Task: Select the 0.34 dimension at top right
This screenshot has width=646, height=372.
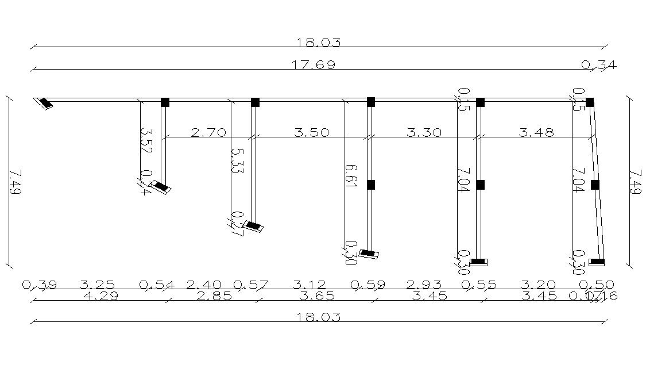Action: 599,65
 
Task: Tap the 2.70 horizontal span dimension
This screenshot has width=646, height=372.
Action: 208,133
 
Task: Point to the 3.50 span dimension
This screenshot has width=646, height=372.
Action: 311,133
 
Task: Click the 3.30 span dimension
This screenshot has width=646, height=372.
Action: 424,133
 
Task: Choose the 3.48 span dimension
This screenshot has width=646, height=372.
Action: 536,133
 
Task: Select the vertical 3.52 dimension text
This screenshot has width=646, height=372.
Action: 145,140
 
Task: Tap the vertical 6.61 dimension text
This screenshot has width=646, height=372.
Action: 351,175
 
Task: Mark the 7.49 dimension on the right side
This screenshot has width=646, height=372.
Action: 636,182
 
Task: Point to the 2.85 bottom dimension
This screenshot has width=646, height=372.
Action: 214,296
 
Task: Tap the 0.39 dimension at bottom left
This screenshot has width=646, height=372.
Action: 39,285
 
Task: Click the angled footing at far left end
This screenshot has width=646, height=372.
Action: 44,104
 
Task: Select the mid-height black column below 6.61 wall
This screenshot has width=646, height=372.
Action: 370,185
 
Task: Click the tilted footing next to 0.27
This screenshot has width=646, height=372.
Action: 254,226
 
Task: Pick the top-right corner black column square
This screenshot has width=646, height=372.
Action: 590,102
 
